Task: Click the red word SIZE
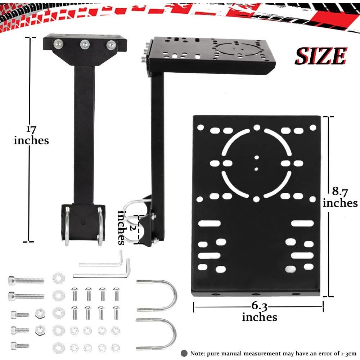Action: [320, 56]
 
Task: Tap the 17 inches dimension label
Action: [31, 135]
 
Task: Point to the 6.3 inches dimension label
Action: [259, 312]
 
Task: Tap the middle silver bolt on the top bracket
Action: [84, 44]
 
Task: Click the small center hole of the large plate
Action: [256, 157]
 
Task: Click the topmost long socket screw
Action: [26, 280]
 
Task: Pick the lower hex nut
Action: [39, 329]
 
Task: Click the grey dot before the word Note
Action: [184, 353]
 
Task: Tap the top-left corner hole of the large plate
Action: [201, 127]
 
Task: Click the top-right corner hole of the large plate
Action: [312, 127]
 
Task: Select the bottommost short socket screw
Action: [20, 345]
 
